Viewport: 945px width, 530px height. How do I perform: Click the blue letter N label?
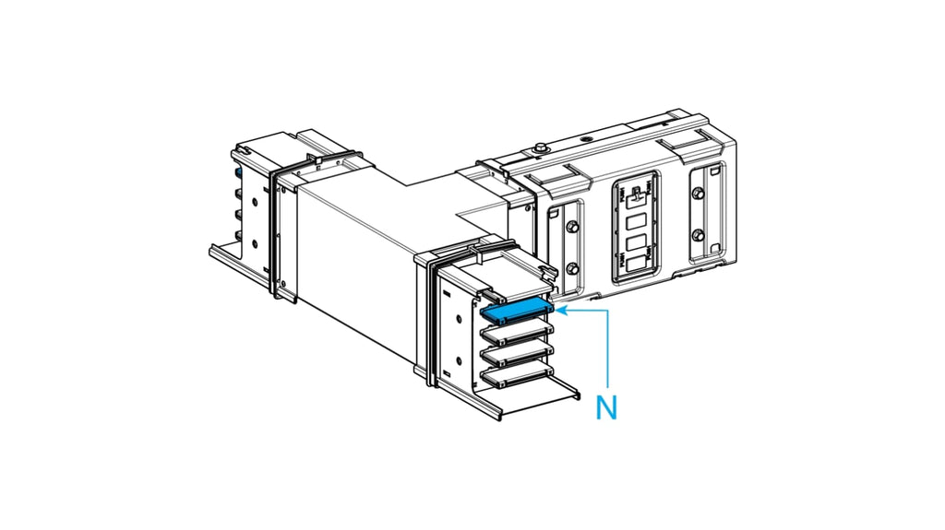[x=606, y=407]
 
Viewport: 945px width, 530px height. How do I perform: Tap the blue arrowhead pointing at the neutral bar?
[x=560, y=311]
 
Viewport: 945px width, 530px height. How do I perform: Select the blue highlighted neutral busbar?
[x=517, y=310]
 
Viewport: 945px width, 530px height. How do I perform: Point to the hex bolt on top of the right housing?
[x=541, y=147]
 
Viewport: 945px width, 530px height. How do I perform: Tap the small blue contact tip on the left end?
[x=239, y=173]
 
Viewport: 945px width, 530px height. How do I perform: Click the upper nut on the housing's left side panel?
[x=572, y=227]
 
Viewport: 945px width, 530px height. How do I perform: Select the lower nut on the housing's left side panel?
[x=572, y=268]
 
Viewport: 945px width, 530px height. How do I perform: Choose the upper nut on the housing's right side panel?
[x=698, y=194]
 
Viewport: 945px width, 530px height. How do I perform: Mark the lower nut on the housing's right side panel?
[x=698, y=234]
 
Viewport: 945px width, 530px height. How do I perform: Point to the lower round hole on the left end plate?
[x=255, y=244]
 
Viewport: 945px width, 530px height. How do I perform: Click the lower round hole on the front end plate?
[x=460, y=360]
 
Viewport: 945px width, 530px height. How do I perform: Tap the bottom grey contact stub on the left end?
[x=237, y=235]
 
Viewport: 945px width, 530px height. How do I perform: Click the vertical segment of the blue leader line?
[x=607, y=348]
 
